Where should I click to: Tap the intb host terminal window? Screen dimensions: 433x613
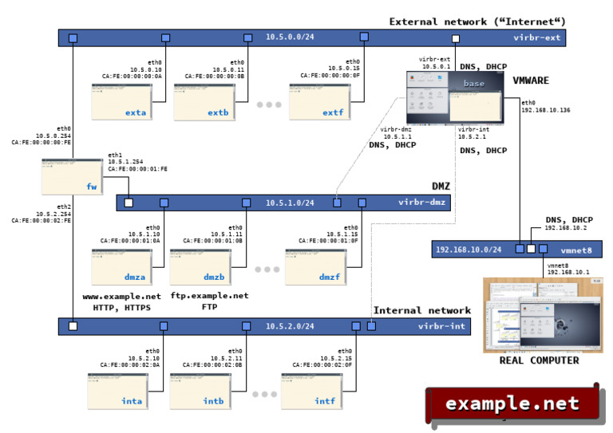point(200,391)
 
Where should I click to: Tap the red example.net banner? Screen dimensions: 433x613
point(512,403)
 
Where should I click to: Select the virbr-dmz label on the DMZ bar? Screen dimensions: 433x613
point(421,203)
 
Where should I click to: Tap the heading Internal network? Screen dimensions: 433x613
point(422,310)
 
